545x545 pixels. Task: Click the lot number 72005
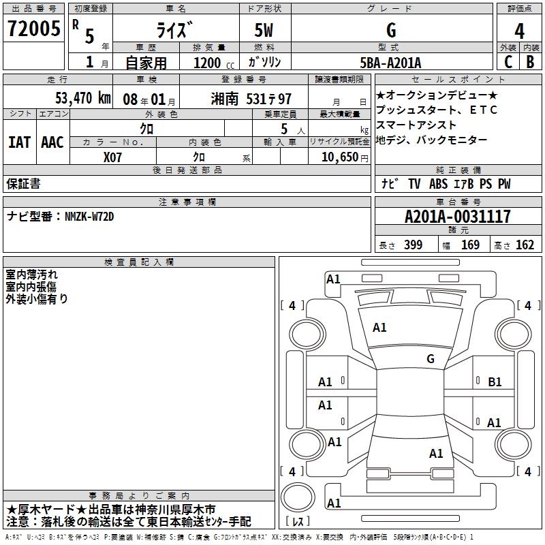(33, 29)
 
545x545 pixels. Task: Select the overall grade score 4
(519, 31)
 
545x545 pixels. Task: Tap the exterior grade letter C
(508, 62)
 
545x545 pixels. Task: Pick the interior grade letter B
(530, 62)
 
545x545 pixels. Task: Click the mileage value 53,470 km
(83, 98)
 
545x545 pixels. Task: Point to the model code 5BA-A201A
(390, 63)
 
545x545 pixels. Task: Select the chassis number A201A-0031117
(458, 217)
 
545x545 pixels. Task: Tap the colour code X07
(112, 157)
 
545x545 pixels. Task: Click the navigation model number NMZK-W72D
(89, 217)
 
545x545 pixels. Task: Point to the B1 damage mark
(495, 382)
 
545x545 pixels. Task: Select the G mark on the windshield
(431, 359)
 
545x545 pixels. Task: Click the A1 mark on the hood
(379, 328)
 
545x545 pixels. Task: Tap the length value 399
(414, 245)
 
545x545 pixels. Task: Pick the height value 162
(525, 245)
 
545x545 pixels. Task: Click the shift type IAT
(20, 142)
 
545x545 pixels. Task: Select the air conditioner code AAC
(52, 142)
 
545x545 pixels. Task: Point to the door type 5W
(264, 30)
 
